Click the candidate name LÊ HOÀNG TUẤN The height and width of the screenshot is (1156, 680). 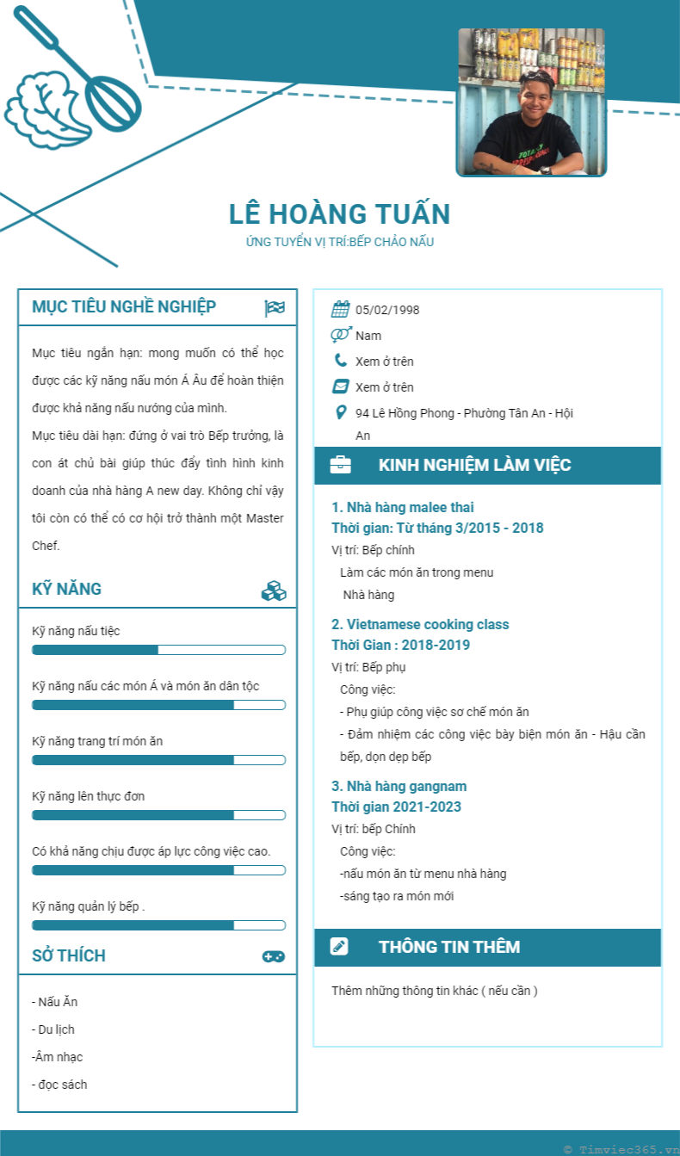[340, 214]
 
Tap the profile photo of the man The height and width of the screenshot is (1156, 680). [531, 102]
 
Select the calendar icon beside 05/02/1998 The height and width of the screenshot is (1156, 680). [340, 310]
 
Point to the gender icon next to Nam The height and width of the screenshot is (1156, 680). [340, 335]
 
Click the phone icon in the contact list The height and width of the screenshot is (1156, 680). [341, 361]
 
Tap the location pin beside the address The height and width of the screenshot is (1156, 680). [341, 412]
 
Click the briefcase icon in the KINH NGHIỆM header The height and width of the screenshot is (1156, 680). [340, 466]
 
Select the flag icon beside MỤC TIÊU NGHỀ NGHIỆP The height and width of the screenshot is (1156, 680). [275, 307]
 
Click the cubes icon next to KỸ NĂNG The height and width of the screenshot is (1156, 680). [274, 590]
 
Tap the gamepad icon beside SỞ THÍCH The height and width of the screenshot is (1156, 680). [274, 956]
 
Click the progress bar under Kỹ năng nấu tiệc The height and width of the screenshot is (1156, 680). [158, 650]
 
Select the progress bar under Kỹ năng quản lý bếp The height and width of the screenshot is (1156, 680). [158, 925]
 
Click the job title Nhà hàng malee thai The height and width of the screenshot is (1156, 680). [403, 507]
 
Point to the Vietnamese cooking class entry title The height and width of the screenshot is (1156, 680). [420, 624]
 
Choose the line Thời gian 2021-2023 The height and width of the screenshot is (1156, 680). [396, 807]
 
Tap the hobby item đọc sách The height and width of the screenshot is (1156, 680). [59, 1085]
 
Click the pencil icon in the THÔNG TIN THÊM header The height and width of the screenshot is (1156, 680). [340, 947]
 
